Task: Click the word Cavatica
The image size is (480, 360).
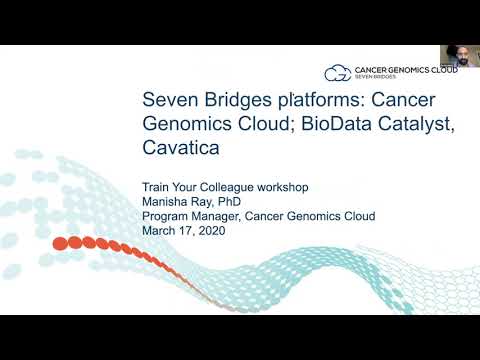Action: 180,149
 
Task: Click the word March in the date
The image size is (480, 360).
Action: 160,229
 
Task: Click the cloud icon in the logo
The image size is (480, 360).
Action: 337,72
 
